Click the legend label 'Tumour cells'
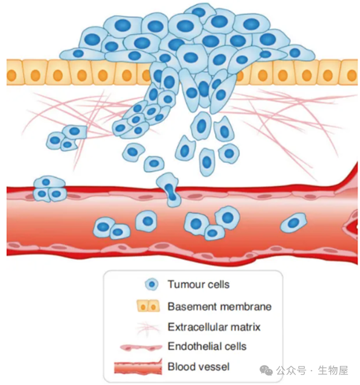[x=198, y=284]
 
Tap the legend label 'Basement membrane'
[x=219, y=306]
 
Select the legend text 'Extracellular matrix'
[x=214, y=327]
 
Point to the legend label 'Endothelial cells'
[x=207, y=346]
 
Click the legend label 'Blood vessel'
[x=198, y=366]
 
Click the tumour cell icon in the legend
[x=151, y=284]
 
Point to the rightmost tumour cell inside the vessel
[x=294, y=222]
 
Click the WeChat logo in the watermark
[x=267, y=371]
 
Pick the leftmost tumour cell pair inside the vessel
[x=111, y=228]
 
